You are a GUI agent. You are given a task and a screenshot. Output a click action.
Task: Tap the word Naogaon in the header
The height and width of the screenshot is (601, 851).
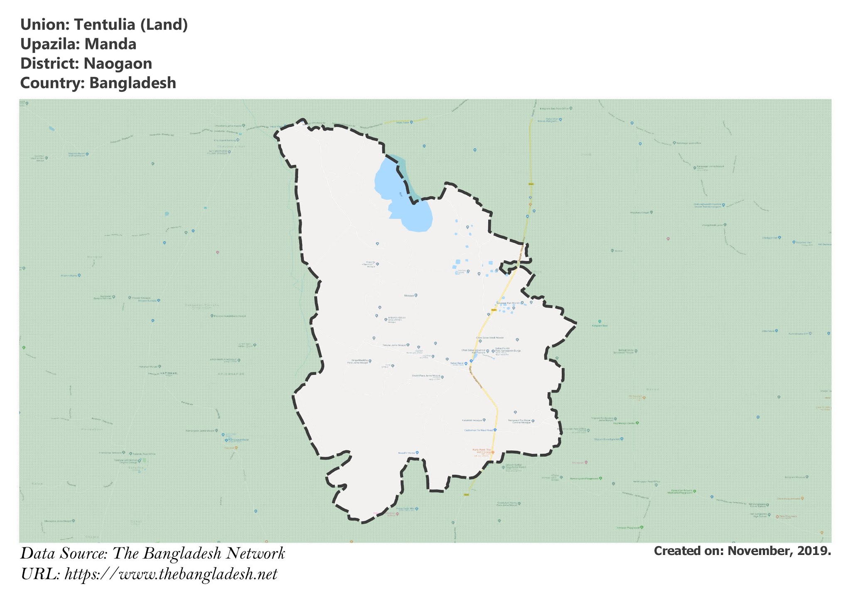pyautogui.click(x=118, y=64)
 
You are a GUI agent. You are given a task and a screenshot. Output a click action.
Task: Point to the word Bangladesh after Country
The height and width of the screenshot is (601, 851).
pyautogui.click(x=133, y=83)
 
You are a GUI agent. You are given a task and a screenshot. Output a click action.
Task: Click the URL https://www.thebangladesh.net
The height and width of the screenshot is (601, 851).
pyautogui.click(x=171, y=574)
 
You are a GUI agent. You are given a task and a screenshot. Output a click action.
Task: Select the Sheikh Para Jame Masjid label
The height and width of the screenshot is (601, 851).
pyautogui.click(x=425, y=376)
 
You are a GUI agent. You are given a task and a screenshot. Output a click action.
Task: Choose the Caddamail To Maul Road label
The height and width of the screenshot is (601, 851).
pyautogui.click(x=478, y=430)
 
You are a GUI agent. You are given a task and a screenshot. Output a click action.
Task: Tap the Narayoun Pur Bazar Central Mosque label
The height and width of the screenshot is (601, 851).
pyautogui.click(x=519, y=421)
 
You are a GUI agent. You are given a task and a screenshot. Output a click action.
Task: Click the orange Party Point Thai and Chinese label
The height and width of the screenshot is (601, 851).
pyautogui.click(x=481, y=451)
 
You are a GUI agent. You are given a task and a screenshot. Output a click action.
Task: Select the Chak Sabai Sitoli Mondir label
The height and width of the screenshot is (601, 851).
pyautogui.click(x=489, y=338)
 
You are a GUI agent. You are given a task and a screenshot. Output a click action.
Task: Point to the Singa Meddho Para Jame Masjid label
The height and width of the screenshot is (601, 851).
pyautogui.click(x=358, y=362)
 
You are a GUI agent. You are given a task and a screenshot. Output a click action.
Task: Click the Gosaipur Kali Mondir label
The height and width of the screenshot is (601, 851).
pyautogui.click(x=508, y=303)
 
